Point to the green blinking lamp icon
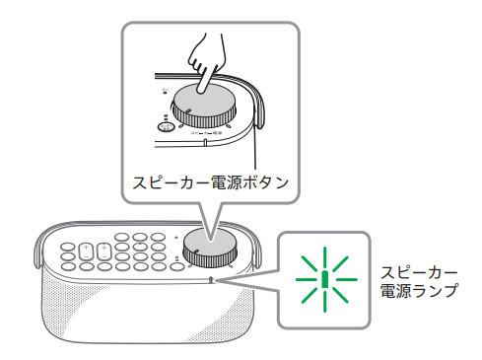[324, 278]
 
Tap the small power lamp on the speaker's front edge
[213, 281]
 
